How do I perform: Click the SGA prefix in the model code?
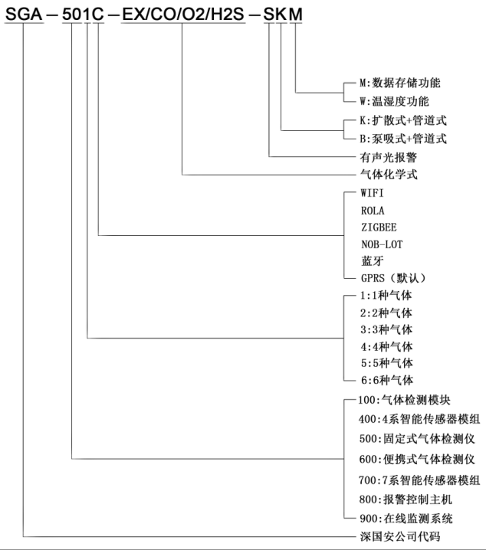point(24,14)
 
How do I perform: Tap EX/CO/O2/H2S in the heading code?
point(183,14)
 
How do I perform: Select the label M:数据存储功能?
point(400,83)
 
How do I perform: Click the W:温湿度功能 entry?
point(395,101)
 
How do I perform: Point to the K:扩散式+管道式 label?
point(403,120)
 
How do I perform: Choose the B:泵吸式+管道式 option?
point(403,139)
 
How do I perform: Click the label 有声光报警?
point(389,157)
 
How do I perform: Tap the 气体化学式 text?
point(389,174)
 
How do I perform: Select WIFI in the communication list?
point(373,193)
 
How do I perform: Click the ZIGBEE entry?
point(379,228)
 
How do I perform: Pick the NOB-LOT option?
point(383,244)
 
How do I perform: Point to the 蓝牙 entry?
point(373,261)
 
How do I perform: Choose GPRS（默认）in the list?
point(394,278)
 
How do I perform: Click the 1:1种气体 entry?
point(386,296)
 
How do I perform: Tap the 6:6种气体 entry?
point(387,380)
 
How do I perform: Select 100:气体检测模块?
point(404,400)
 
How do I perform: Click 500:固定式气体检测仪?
point(417,438)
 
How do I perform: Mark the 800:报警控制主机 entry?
point(406,499)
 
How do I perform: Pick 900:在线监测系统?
point(406,519)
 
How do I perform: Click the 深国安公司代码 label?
point(400,536)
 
